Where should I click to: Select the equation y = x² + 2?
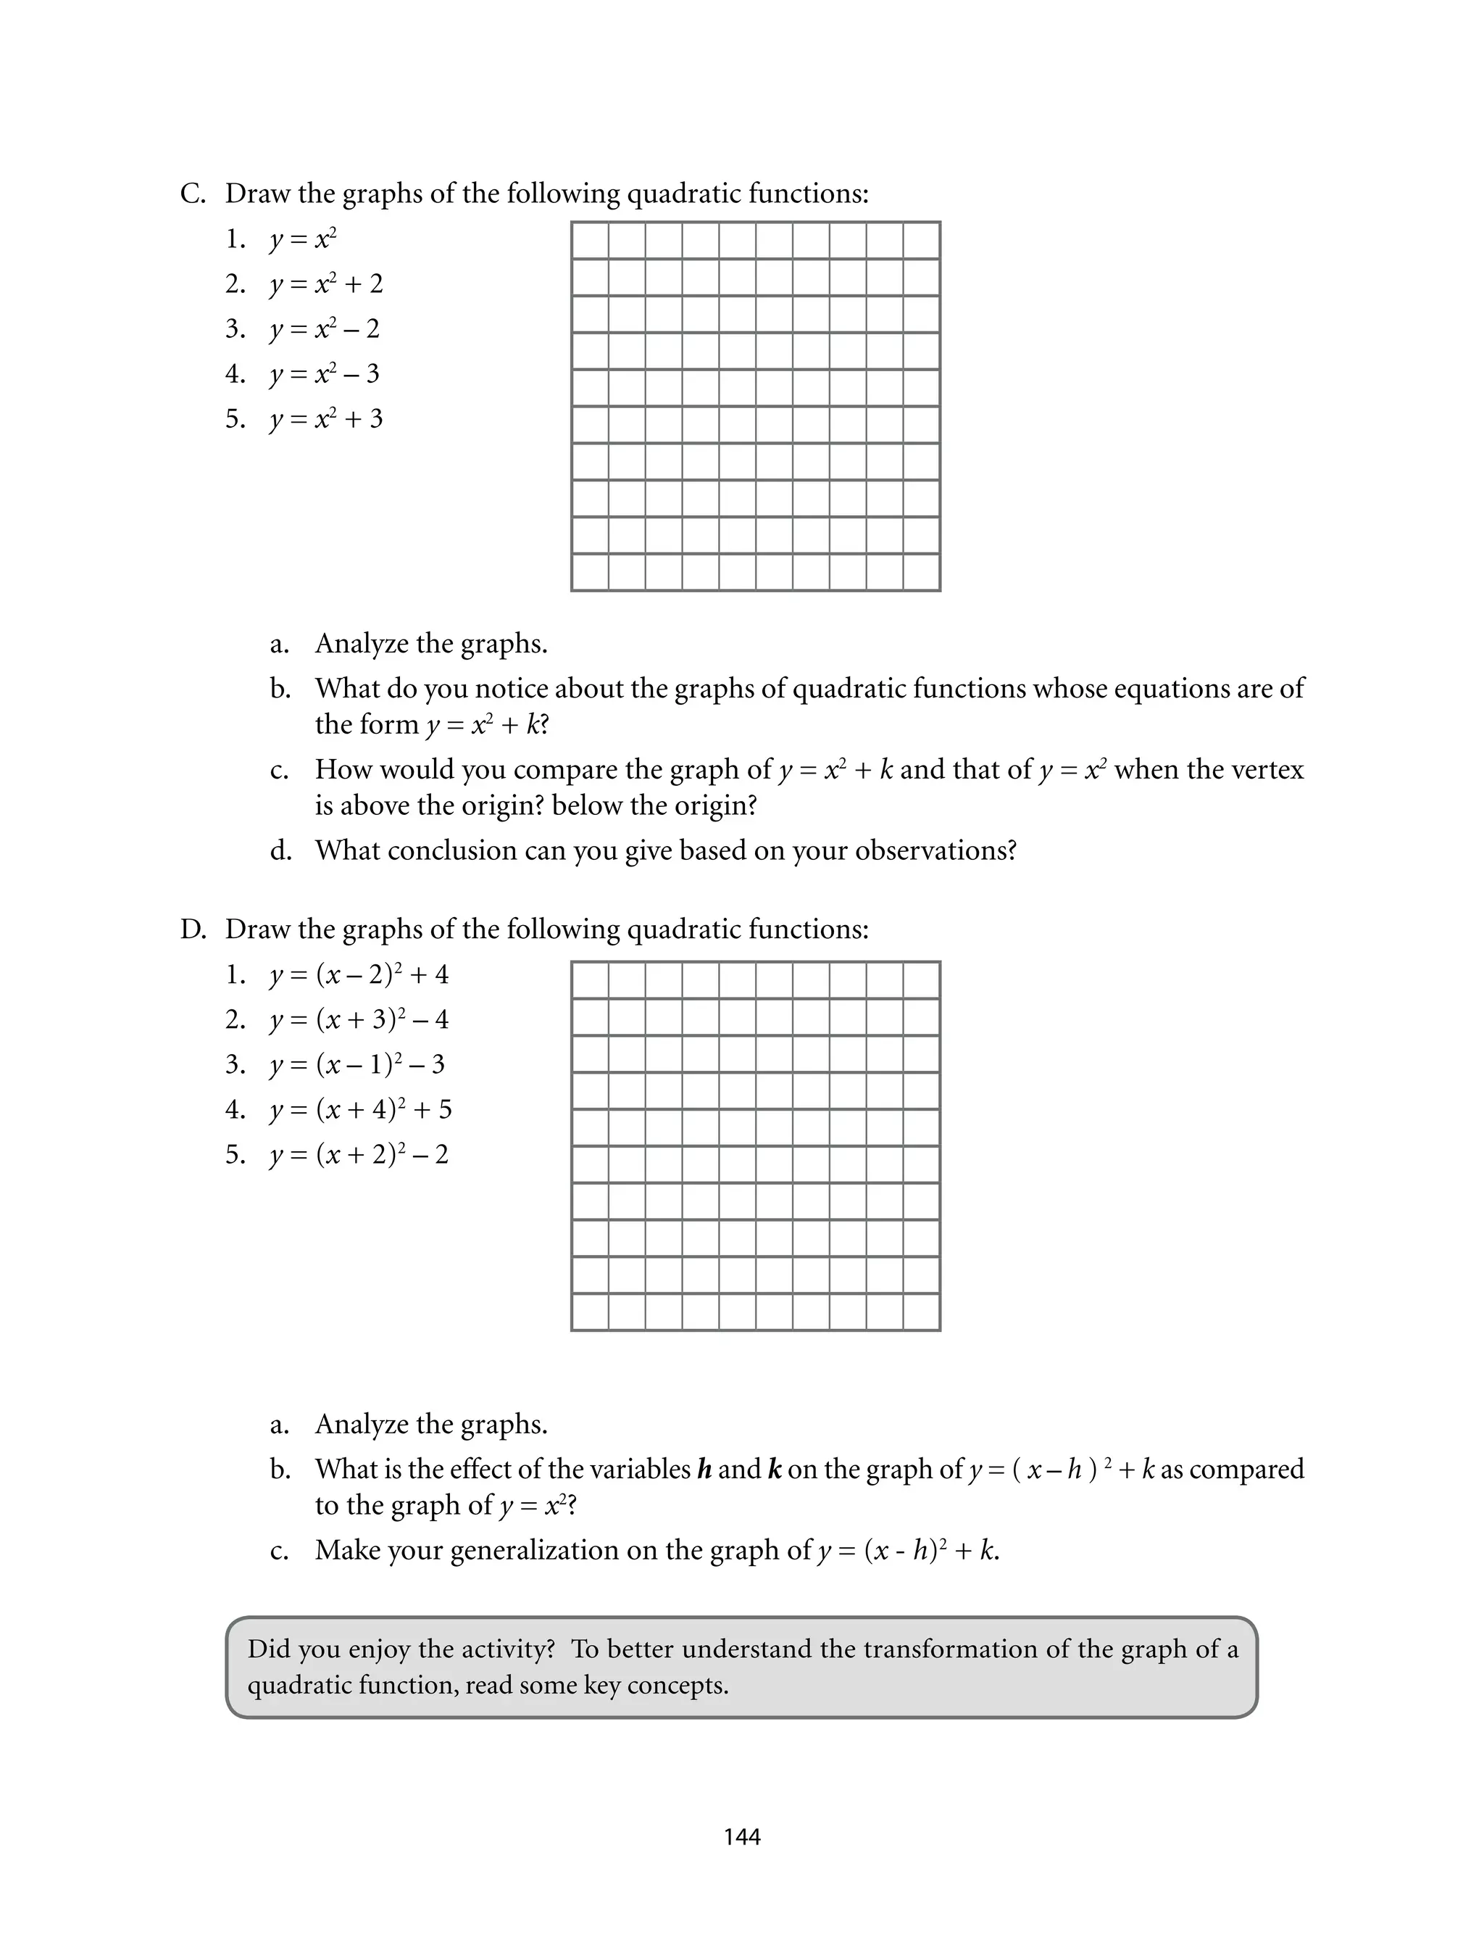[326, 284]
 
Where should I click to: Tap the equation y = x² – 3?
[324, 375]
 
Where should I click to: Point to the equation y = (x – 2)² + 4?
[359, 975]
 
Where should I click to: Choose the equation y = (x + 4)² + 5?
[360, 1110]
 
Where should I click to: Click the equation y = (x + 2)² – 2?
[359, 1155]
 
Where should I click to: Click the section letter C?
[192, 194]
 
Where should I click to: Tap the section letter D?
[192, 929]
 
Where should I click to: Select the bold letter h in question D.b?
[704, 1470]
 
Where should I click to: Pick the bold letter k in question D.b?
[775, 1470]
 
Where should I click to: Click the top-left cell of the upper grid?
[590, 240]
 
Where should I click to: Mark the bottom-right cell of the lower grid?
[921, 1312]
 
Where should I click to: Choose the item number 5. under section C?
[235, 419]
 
